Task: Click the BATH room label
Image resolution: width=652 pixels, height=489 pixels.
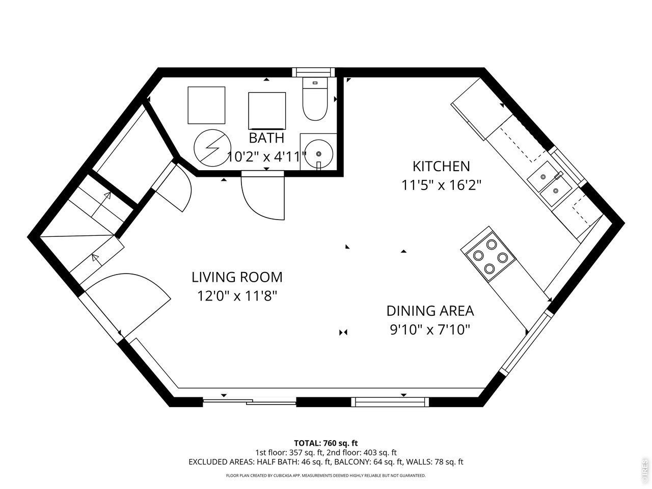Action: (266, 138)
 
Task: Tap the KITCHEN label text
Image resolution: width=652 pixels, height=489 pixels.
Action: (441, 166)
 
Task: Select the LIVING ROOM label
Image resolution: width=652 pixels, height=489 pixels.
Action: (237, 277)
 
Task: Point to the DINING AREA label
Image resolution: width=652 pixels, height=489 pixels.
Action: (430, 311)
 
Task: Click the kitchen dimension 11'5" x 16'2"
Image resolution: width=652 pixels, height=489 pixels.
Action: (441, 185)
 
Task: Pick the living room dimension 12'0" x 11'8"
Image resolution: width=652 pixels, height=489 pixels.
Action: (237, 296)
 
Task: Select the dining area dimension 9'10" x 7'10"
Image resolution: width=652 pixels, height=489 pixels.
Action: (430, 330)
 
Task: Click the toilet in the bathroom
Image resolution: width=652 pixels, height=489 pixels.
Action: (315, 99)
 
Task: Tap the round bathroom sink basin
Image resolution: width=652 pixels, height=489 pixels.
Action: (319, 154)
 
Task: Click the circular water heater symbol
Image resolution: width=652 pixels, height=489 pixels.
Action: (212, 148)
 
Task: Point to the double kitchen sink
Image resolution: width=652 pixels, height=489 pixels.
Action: (549, 183)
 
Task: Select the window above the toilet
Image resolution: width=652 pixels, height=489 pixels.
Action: (313, 72)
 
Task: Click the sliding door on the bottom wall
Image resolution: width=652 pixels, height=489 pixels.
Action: (250, 402)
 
